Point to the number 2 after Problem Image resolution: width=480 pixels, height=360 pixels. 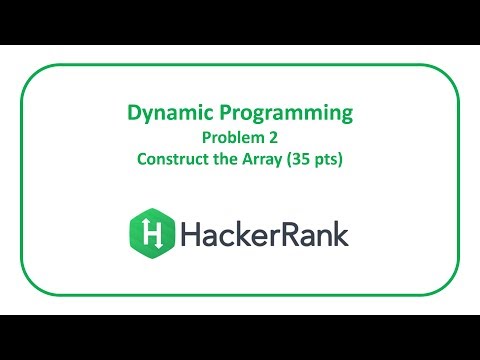pos(270,137)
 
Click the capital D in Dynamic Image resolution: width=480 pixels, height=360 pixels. pos(134,114)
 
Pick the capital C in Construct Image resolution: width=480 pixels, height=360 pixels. pos(143,158)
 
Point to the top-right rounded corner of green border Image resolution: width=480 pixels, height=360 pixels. pos(451,73)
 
